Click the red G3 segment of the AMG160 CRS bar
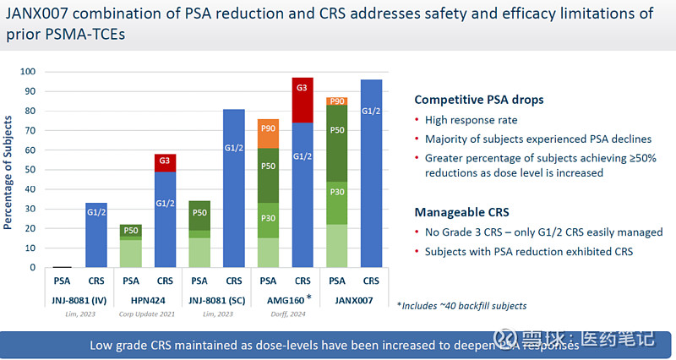302,100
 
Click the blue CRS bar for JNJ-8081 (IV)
96,235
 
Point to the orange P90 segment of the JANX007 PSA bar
336,101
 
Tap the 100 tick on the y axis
35,71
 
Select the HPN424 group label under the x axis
148,300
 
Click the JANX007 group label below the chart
353,300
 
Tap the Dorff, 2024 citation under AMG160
284,313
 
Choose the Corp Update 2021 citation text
148,313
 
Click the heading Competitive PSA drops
478,99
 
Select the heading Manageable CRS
461,212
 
